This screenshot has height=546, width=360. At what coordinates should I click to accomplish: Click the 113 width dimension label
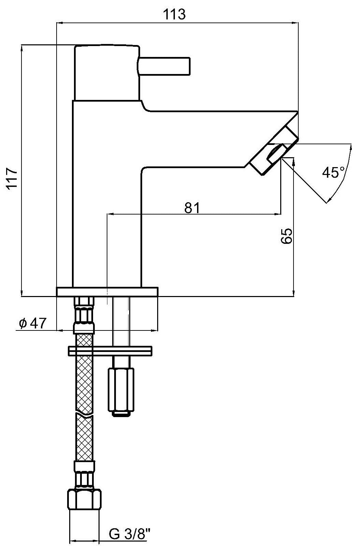point(174,14)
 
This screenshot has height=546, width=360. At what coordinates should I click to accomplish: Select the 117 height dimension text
point(12,178)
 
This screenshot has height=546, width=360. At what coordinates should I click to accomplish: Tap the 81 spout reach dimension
point(192,208)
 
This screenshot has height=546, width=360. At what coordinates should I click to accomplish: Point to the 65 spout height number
point(286,236)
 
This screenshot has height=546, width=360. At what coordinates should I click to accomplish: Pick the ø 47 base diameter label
point(32,323)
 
